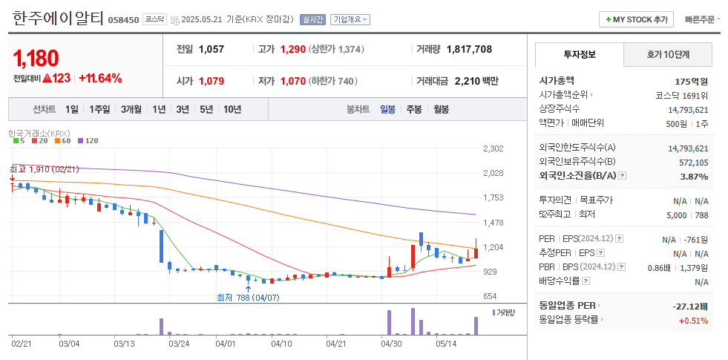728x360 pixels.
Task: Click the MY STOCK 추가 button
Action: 636,19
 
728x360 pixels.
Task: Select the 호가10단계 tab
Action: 668,54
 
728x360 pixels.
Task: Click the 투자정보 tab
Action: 579,54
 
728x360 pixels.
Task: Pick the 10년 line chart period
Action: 232,109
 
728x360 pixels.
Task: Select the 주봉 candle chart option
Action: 413,109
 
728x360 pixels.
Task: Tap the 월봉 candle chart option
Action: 441,109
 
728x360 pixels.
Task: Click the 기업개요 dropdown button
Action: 350,19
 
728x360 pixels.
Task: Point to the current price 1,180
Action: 36,58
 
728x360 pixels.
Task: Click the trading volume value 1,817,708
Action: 469,49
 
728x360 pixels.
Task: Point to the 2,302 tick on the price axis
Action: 493,149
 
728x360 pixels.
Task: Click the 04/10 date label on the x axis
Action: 281,344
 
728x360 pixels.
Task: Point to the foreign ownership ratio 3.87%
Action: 694,176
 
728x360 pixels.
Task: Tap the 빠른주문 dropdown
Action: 702,19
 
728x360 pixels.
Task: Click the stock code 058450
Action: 123,20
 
